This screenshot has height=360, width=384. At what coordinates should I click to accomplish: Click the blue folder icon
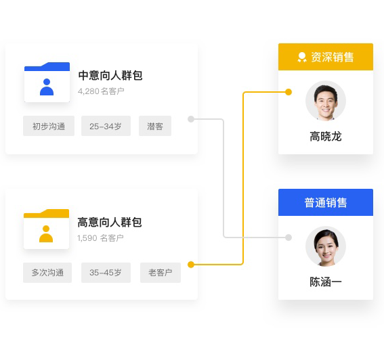(47, 83)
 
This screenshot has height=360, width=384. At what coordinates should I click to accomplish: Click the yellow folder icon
(46, 229)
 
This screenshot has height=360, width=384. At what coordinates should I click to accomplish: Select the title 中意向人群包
(110, 75)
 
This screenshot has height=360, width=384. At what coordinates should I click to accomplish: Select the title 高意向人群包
(110, 222)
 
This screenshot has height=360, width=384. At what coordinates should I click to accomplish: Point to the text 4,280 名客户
(101, 91)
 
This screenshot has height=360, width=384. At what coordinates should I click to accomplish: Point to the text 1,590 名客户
(100, 238)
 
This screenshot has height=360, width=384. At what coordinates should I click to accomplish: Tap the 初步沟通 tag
(49, 126)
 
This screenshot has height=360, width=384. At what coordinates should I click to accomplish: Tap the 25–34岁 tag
(106, 126)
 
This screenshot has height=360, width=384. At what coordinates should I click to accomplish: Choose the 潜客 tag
(155, 126)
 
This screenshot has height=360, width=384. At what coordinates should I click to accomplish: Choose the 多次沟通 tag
(47, 273)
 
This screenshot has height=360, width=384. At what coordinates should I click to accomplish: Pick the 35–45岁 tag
(106, 273)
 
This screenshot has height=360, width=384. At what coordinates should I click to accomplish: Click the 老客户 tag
(161, 273)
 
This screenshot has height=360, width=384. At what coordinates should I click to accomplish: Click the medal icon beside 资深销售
(302, 57)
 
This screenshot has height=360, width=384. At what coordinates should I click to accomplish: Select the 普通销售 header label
(326, 202)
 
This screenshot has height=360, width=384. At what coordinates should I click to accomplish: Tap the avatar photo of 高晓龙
(326, 101)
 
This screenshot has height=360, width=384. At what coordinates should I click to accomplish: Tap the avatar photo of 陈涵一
(326, 246)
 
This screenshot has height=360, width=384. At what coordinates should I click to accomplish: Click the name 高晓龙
(326, 137)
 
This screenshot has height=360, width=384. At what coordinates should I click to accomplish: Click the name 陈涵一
(326, 282)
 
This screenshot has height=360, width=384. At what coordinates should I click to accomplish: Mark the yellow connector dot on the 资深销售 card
(289, 92)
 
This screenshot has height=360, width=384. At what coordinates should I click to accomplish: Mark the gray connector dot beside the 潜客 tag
(191, 119)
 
